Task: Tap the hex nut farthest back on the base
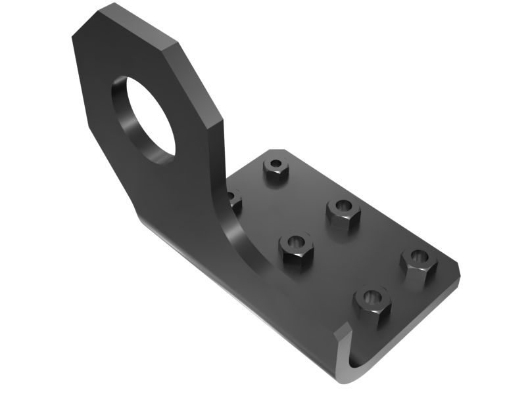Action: [x=276, y=169]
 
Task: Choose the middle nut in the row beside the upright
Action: [x=296, y=249]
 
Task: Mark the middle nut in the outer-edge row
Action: [x=343, y=212]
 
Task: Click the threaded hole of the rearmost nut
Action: [x=276, y=163]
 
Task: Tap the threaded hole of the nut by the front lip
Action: [x=372, y=297]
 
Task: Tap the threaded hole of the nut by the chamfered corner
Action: [x=418, y=256]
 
